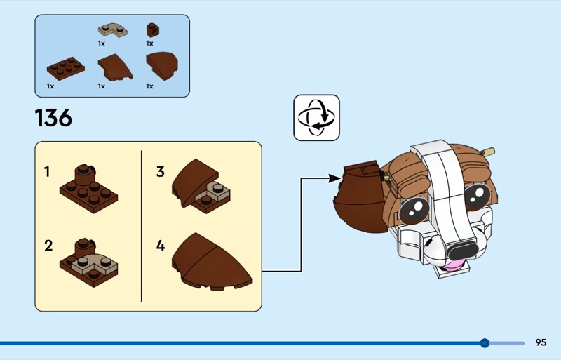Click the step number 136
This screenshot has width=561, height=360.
coord(53,118)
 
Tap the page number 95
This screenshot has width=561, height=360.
coord(541,342)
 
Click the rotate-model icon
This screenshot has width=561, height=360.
coord(316,118)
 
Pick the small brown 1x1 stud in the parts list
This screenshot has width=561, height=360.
coord(151,30)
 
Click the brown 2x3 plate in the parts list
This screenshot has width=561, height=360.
coord(65,69)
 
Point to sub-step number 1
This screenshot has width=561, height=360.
coord(48,171)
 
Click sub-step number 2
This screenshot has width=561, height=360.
coord(48,246)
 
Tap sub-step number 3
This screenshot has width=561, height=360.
coord(161,171)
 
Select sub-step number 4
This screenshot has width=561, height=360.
coord(161,246)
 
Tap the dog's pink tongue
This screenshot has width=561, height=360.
coord(455,265)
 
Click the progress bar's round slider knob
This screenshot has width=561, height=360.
coord(485,343)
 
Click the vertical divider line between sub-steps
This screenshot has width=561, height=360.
coord(142,225)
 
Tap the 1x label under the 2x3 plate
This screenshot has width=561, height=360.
coord(50,86)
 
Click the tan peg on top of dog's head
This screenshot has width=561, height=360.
coord(488,151)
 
